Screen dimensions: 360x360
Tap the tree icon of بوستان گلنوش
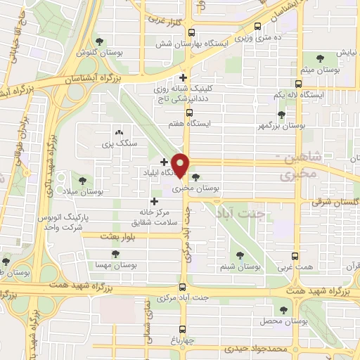click(x=99, y=41)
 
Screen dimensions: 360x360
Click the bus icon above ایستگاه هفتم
click(x=188, y=112)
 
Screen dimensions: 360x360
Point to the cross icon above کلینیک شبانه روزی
click(x=184, y=78)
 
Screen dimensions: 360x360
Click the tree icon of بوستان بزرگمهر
click(x=282, y=114)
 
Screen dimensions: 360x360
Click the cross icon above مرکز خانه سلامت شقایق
click(x=155, y=201)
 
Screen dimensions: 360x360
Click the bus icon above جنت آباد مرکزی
click(x=183, y=287)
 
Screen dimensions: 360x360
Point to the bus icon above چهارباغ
click(x=183, y=328)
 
